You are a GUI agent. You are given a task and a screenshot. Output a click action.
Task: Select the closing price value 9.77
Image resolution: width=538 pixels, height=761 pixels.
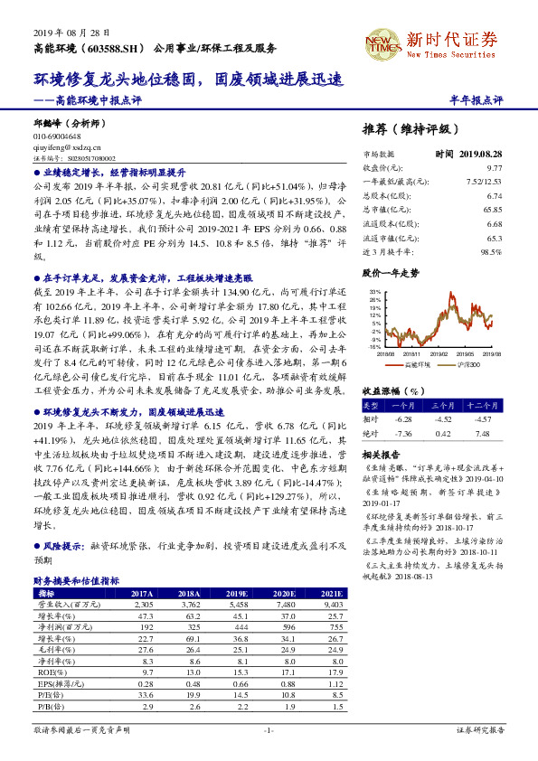pos(494,168)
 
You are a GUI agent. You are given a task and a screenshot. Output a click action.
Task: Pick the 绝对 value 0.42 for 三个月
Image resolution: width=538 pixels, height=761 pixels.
pos(442,433)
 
